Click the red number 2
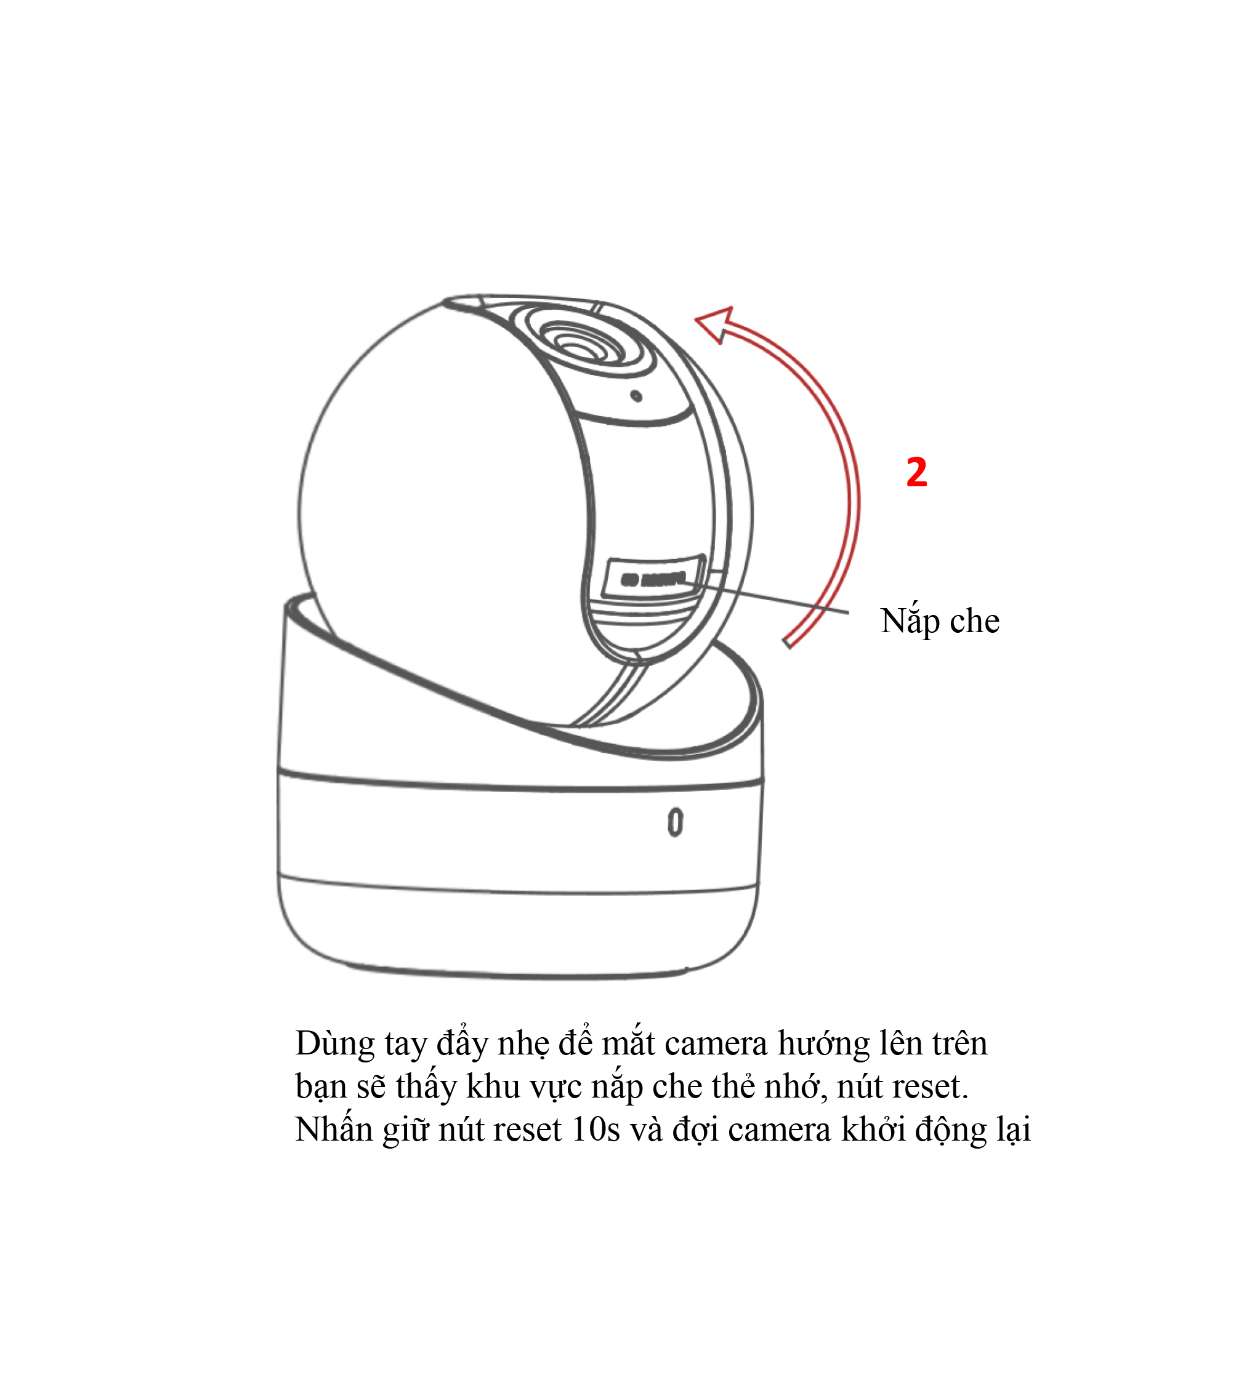click(916, 473)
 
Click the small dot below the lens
click(636, 396)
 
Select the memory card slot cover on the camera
click(653, 576)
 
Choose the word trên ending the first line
click(959, 1043)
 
